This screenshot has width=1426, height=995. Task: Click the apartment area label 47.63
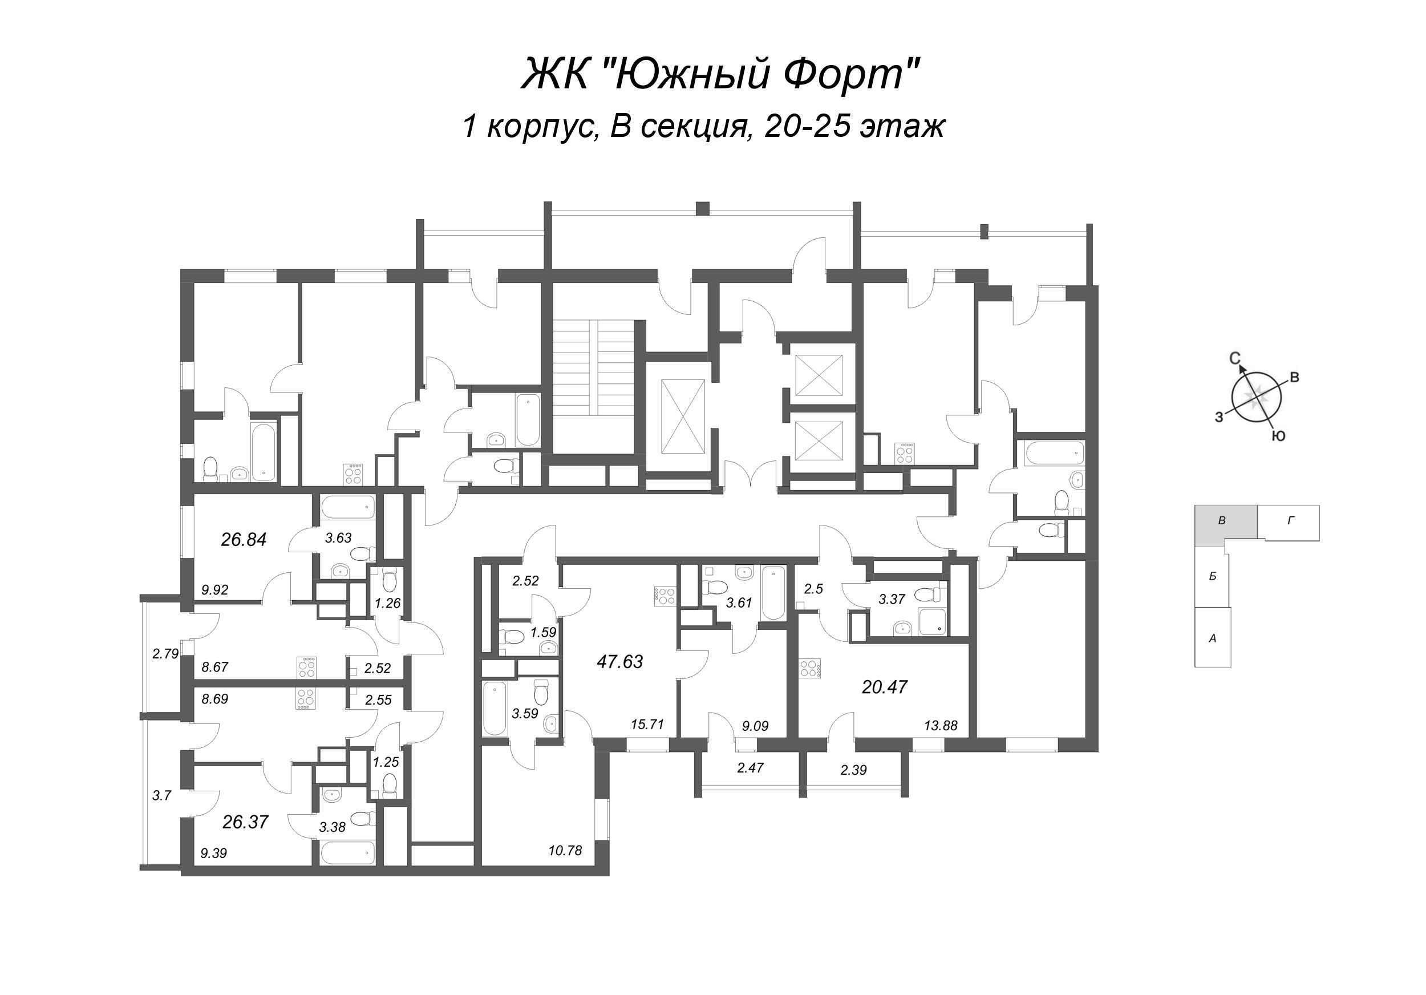619,661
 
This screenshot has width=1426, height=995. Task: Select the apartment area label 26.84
244,540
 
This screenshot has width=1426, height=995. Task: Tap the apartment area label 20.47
885,687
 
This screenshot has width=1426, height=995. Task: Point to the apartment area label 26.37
245,822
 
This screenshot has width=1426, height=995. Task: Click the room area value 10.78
565,851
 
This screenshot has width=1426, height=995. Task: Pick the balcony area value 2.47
750,768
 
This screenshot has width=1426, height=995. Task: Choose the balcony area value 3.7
161,795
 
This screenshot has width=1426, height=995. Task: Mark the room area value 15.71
647,724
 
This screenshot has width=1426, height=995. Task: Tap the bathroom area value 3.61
739,602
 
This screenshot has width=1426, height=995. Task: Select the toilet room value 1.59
543,632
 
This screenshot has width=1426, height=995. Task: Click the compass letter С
1235,358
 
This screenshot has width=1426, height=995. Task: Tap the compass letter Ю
1278,436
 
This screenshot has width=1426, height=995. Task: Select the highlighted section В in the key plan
1222,521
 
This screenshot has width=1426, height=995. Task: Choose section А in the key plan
1212,638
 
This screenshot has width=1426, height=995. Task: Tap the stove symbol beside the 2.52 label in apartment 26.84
307,666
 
